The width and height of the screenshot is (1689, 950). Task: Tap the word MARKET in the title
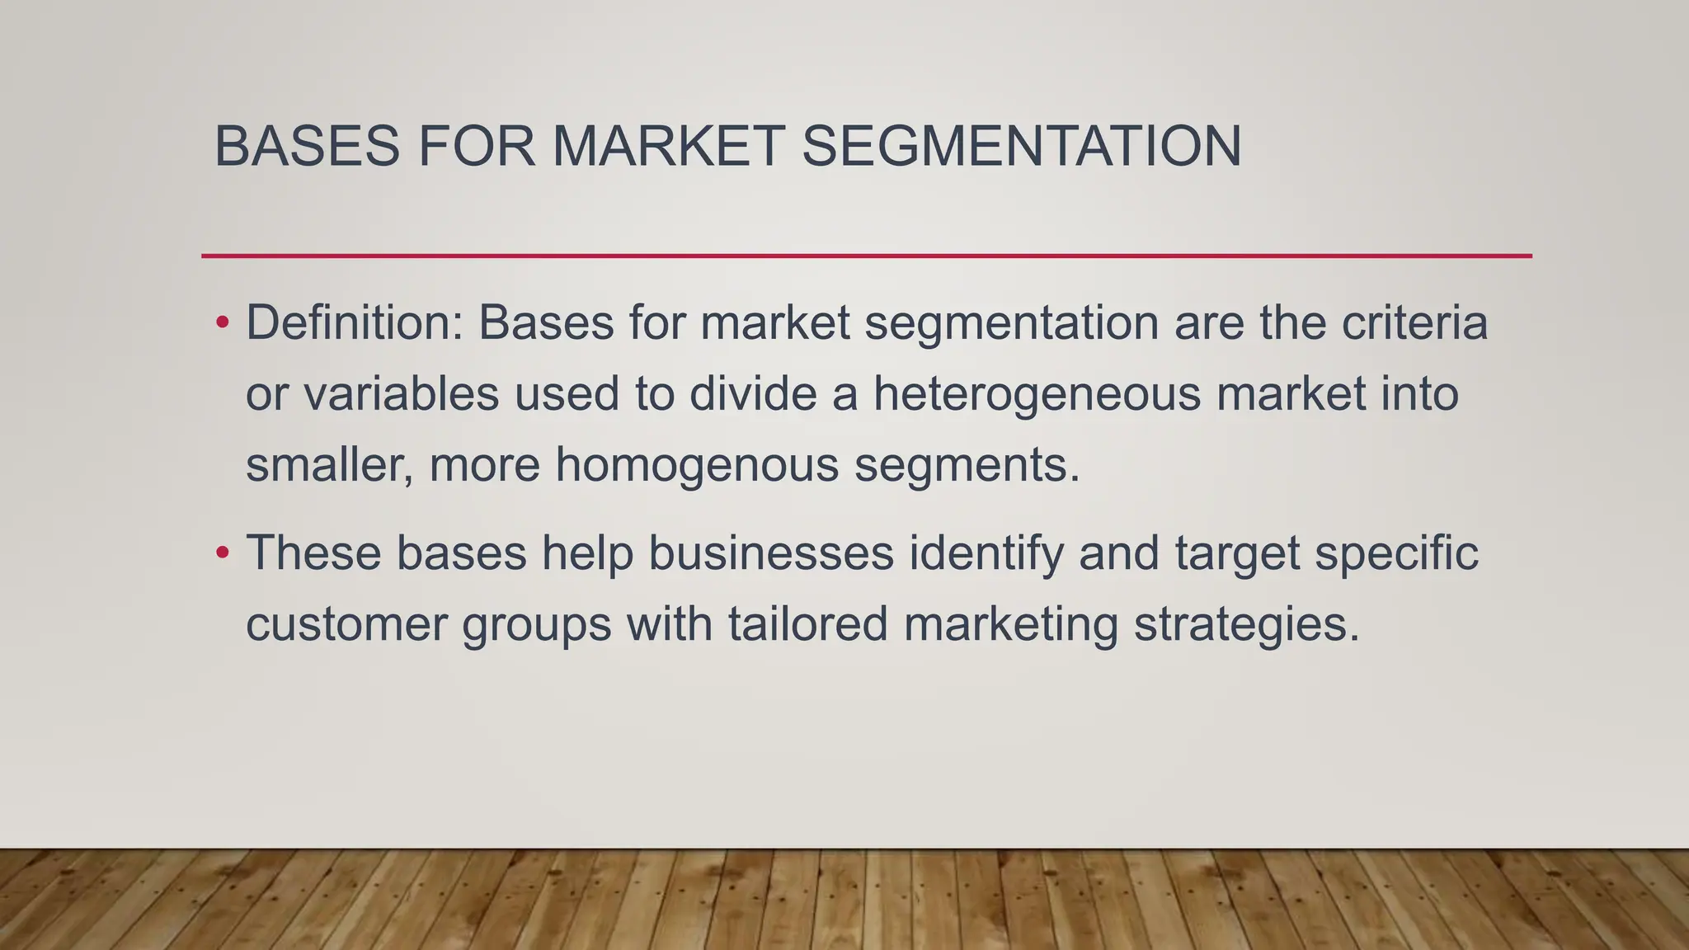point(666,147)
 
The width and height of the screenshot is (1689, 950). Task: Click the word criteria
point(1414,322)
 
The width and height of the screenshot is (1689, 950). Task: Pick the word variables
point(401,394)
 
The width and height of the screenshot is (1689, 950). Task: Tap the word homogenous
point(697,466)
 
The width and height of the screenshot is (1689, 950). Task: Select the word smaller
point(329,466)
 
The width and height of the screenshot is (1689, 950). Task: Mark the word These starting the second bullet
point(313,553)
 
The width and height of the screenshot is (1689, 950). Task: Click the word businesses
point(770,553)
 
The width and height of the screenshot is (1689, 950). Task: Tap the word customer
point(346,624)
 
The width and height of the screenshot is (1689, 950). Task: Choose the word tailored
point(807,624)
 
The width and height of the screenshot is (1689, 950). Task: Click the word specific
point(1396,554)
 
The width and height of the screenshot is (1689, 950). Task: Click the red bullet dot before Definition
point(222,322)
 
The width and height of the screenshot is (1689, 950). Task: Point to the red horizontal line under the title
point(866,256)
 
